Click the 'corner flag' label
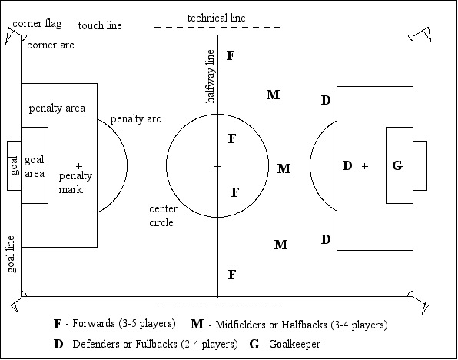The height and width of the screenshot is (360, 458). tap(37, 24)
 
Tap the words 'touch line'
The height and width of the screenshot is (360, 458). tap(100, 25)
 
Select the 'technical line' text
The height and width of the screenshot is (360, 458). tap(216, 18)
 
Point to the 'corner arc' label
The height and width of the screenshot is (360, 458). tap(51, 45)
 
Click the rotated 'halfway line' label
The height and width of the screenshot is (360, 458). tap(210, 76)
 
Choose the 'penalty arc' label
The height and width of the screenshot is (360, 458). tap(135, 119)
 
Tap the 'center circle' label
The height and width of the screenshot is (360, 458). tap(163, 216)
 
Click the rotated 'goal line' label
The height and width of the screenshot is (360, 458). tap(11, 255)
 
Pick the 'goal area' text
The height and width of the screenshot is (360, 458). tap(35, 167)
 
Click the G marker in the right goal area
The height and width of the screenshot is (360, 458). tap(397, 166)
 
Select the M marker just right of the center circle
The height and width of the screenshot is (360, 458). tap(284, 168)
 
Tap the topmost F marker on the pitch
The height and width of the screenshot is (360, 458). tap(231, 55)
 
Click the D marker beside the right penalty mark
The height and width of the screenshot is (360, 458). tap(347, 166)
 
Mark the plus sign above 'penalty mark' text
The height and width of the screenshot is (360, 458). tap(79, 166)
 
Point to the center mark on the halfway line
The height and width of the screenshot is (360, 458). tap(217, 166)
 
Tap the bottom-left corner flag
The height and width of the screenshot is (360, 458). tap(16, 304)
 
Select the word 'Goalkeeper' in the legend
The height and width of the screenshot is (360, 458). tap(294, 344)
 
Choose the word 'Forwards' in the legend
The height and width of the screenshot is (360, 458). tap(94, 323)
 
